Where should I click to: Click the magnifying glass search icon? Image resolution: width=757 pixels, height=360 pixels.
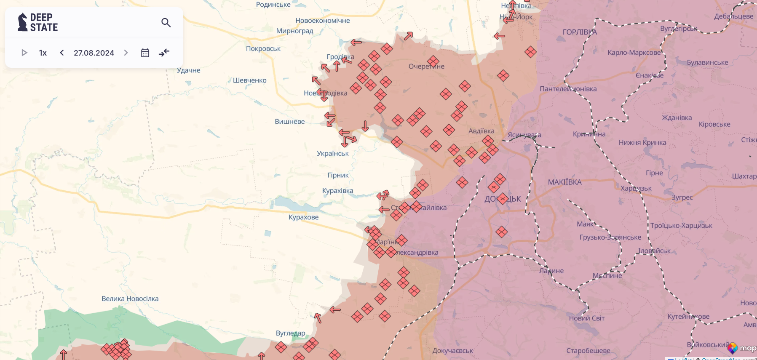166,23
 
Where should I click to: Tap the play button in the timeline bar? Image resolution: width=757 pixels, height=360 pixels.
24,53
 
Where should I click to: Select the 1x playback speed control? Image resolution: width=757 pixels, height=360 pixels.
43,53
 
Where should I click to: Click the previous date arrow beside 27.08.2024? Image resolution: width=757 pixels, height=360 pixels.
62,53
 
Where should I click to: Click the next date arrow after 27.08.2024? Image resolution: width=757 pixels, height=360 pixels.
126,53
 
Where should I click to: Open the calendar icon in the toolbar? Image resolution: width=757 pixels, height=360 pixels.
145,53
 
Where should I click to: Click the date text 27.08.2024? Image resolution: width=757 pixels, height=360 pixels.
94,53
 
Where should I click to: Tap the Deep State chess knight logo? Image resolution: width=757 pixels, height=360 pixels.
22,22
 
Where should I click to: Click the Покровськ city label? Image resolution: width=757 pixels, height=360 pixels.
263,48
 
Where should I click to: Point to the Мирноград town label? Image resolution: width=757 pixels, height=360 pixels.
294,31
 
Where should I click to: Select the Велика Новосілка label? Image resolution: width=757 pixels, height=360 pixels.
130,299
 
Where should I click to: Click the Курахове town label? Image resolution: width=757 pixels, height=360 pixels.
303,217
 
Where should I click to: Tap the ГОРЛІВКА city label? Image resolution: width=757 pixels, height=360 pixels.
580,32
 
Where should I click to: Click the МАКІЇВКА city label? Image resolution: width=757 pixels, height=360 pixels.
564,182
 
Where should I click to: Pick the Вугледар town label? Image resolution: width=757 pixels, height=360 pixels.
290,333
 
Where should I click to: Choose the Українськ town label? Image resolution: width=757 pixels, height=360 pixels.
332,153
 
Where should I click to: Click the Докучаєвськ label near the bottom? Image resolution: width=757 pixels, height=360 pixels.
452,351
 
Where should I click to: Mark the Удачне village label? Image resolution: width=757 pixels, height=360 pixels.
188,70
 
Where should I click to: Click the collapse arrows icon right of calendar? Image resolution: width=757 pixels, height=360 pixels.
164,53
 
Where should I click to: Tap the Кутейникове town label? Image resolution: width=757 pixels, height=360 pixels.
688,316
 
